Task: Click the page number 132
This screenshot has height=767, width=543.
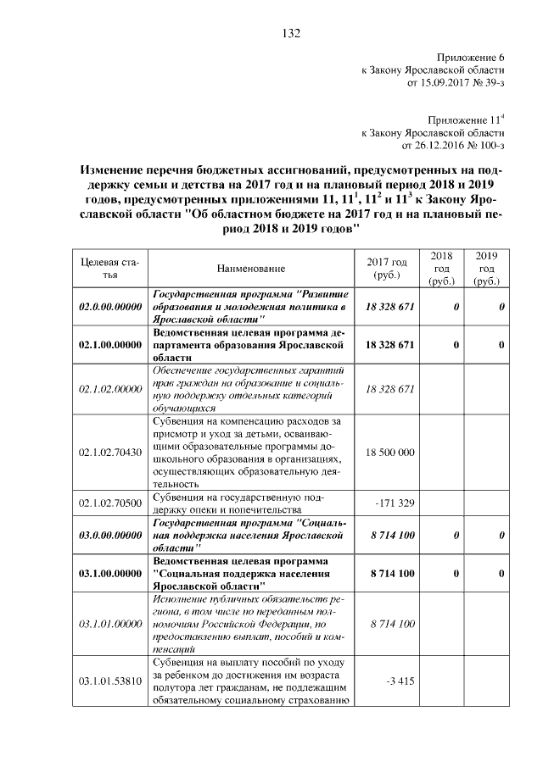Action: [x=291, y=34]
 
